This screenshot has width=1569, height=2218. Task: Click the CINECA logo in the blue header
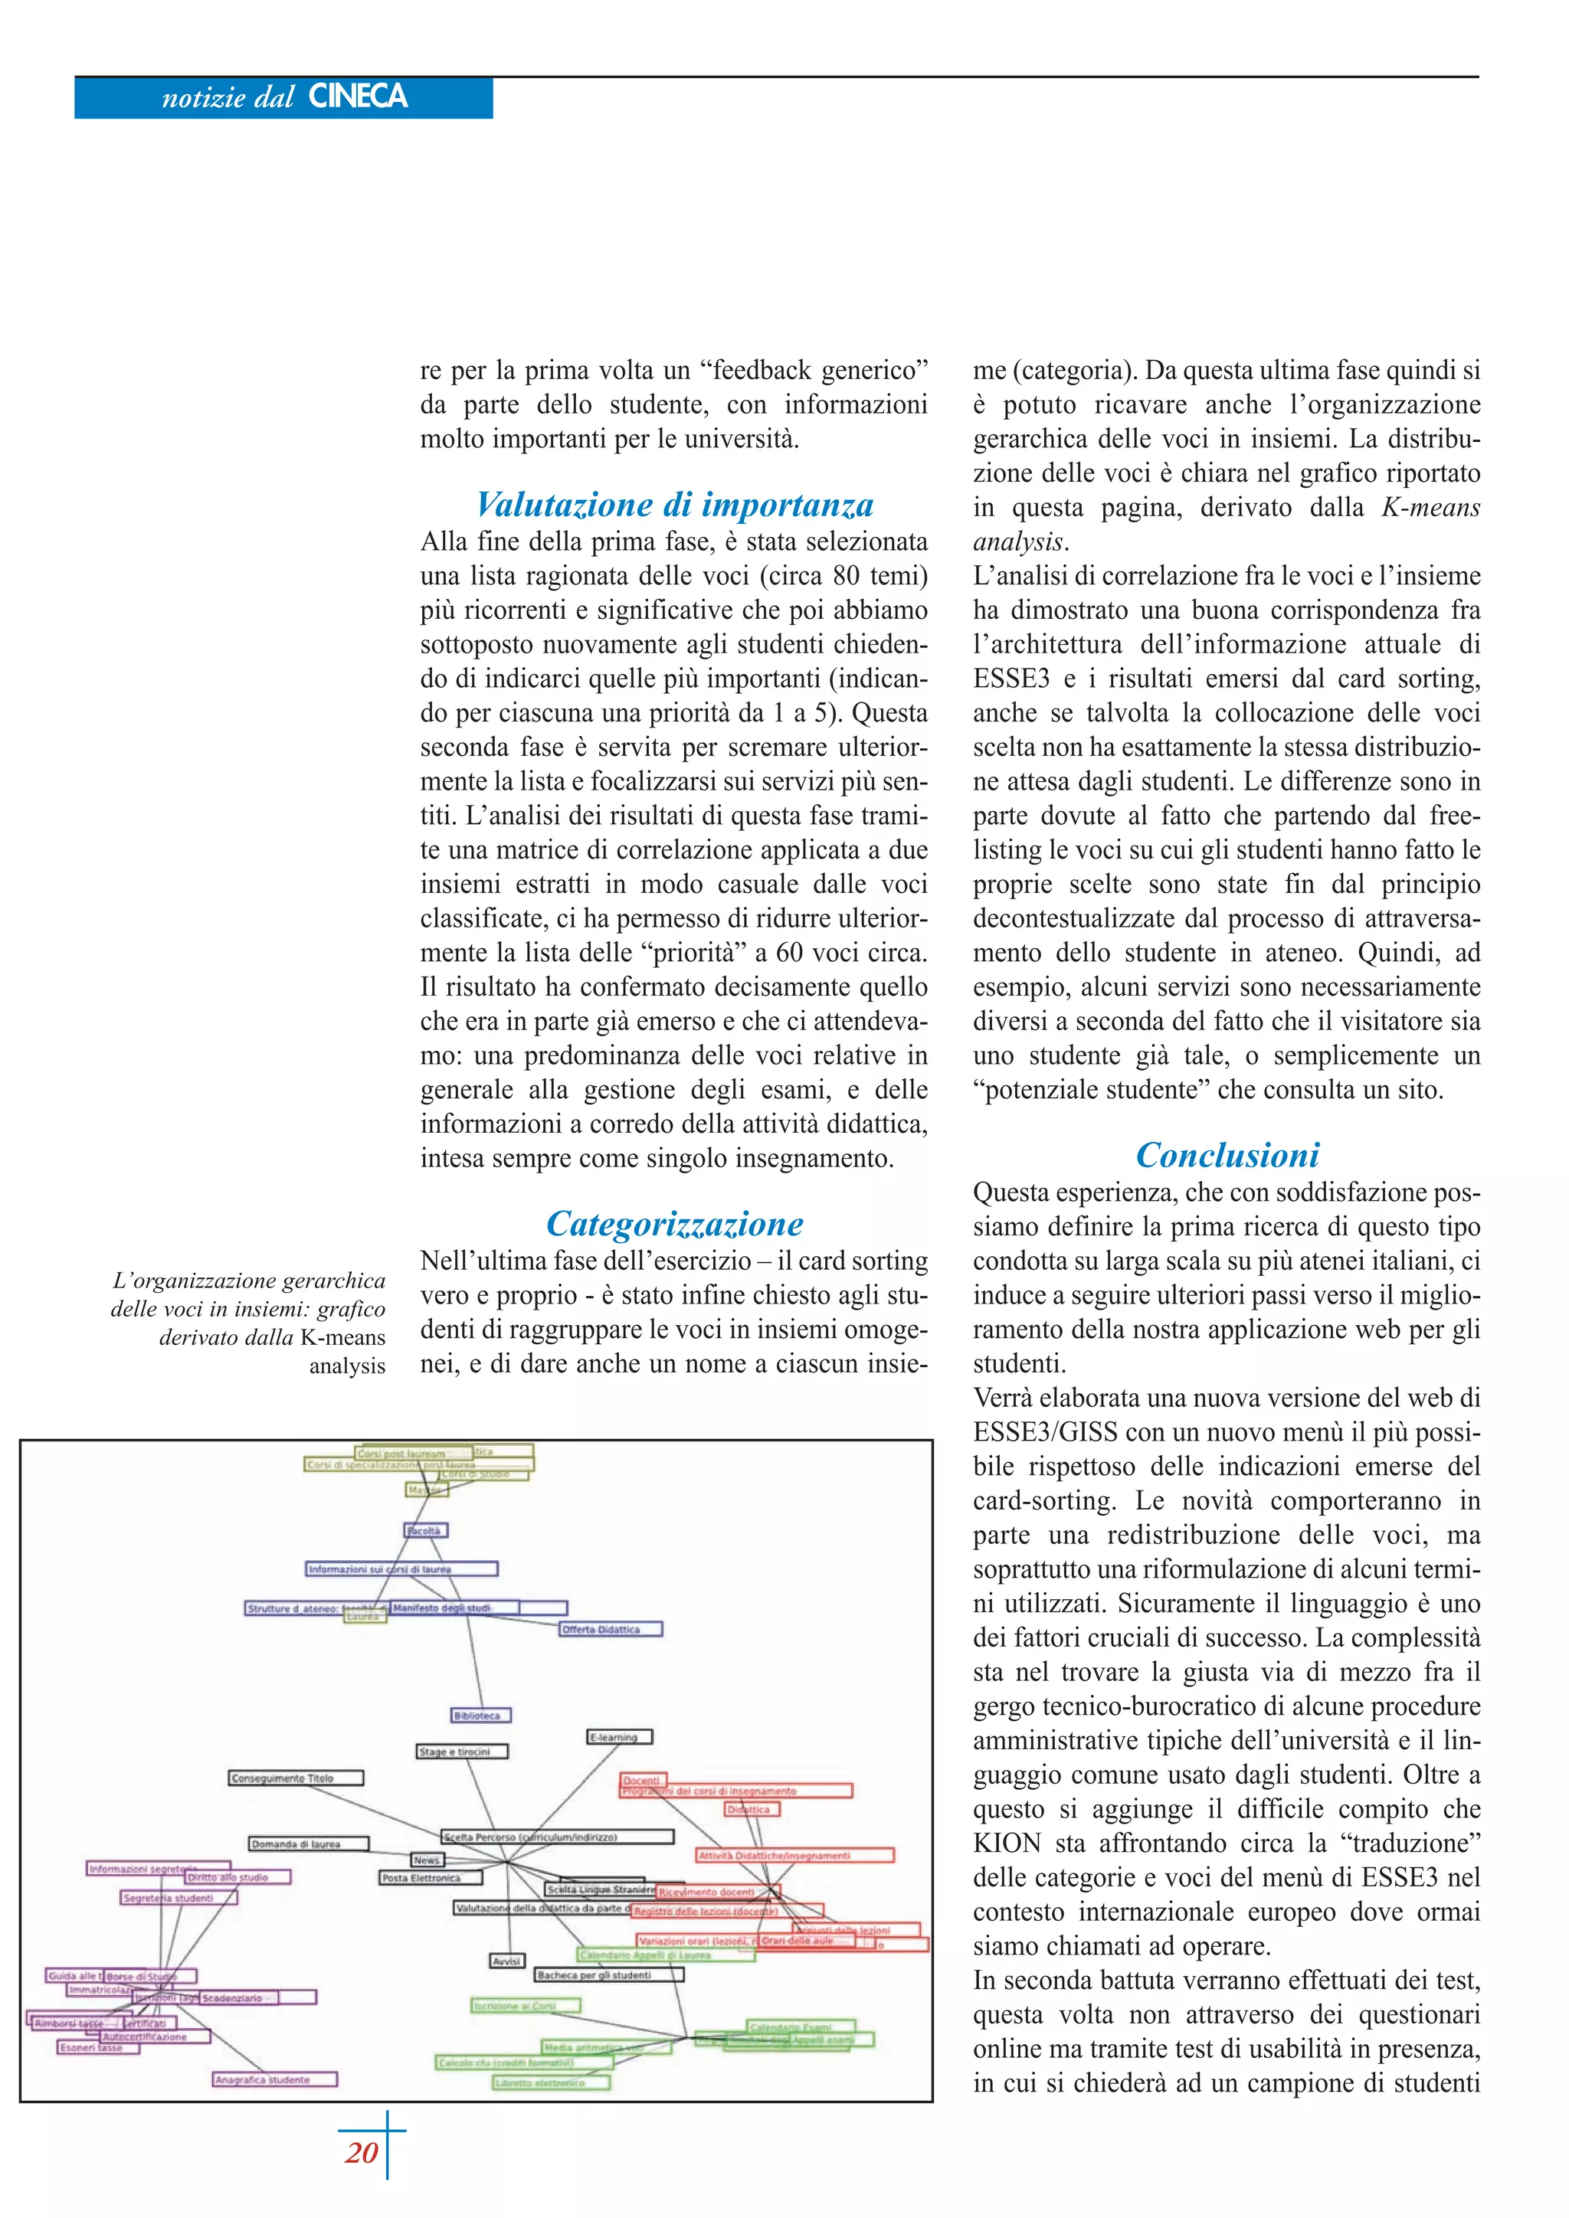[x=358, y=97]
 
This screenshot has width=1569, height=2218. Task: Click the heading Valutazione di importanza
[x=674, y=504]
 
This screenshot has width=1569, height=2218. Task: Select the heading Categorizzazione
[x=674, y=1224]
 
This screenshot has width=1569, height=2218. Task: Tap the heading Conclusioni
[x=1227, y=1156]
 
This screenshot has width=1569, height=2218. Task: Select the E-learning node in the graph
[x=619, y=1737]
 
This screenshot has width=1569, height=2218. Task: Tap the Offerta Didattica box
[x=611, y=1630]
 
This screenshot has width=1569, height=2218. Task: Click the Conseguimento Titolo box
[x=296, y=1778]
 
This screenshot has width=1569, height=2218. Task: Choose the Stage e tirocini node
[x=462, y=1752]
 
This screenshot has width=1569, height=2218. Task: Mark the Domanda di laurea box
[x=307, y=1843]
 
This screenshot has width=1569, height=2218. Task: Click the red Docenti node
[x=641, y=1779]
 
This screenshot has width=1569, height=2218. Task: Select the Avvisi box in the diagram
[x=507, y=1961]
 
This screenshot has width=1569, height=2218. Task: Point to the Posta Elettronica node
[x=430, y=1878]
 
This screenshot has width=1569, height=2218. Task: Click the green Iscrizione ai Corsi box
[x=525, y=2006]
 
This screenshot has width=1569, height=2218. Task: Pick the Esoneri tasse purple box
[x=97, y=2047]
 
